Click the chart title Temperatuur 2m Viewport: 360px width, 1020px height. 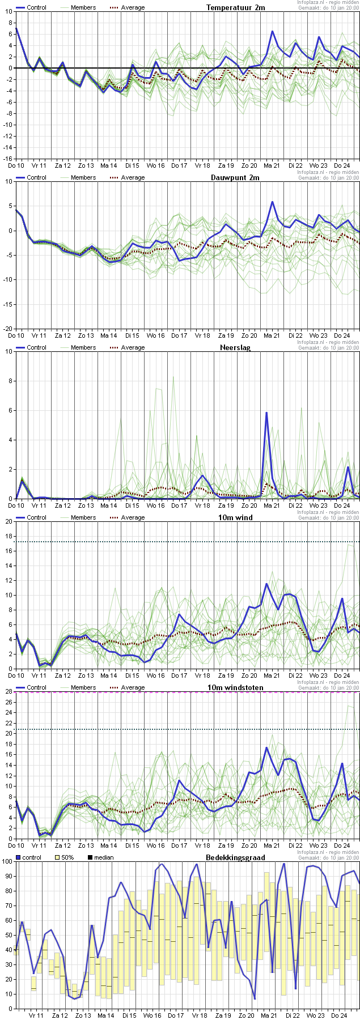235,7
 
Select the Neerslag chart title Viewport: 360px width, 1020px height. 235,347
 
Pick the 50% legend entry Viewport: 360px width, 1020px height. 63,857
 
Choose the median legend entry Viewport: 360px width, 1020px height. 101,857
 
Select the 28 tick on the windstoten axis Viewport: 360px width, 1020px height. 8,691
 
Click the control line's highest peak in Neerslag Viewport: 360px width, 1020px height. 266,413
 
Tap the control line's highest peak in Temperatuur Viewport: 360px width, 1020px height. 272,32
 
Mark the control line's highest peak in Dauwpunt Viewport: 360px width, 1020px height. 272,202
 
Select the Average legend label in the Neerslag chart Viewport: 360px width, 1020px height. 133,347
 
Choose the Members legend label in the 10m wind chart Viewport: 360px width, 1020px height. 83,517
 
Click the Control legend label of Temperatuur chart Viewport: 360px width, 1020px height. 36,7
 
